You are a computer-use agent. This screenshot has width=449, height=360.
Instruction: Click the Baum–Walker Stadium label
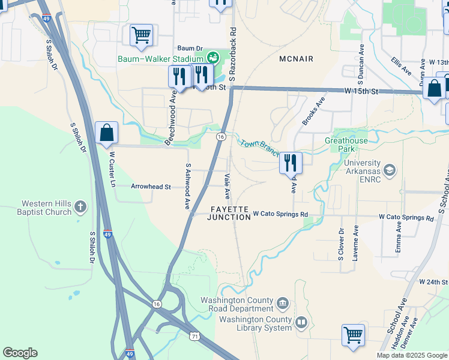(x=160, y=58)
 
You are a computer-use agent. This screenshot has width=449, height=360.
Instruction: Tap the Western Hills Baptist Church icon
(x=80, y=208)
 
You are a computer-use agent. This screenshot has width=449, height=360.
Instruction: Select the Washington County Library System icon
(x=301, y=323)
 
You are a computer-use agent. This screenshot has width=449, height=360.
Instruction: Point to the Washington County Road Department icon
(x=283, y=301)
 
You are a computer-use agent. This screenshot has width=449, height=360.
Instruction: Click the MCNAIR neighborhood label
(x=297, y=58)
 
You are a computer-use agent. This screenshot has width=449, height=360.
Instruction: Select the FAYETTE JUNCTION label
(x=229, y=213)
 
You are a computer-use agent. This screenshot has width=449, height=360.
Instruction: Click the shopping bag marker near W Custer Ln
(x=106, y=133)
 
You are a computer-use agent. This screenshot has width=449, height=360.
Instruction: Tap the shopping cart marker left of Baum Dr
(x=141, y=35)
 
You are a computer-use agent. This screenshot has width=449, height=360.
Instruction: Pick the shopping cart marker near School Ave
(x=354, y=335)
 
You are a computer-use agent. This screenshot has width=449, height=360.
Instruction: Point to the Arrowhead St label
(x=151, y=186)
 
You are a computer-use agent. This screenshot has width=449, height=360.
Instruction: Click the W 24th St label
(x=433, y=281)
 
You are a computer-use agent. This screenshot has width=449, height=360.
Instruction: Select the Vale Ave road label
(x=228, y=187)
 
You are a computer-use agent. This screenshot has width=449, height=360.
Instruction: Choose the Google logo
(x=20, y=353)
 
